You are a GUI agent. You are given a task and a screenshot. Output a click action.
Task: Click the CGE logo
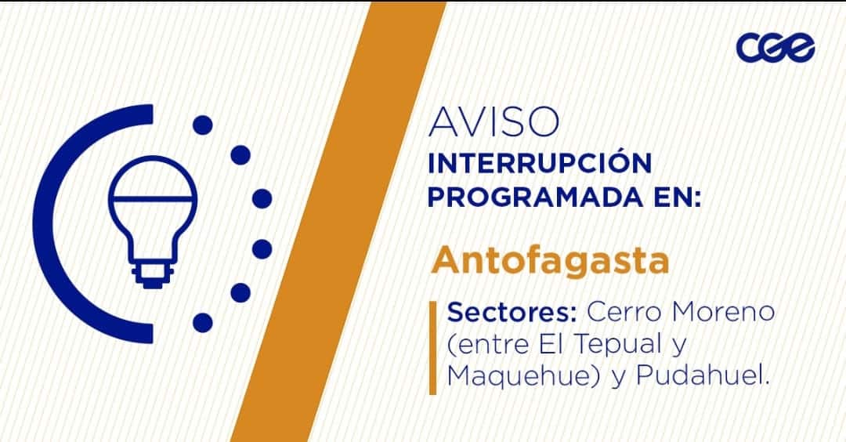click(x=775, y=48)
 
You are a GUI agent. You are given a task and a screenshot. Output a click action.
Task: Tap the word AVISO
click(x=493, y=121)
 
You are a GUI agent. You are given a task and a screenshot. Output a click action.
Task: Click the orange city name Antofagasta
click(x=550, y=260)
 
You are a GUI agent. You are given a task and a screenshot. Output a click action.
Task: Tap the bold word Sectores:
click(x=512, y=312)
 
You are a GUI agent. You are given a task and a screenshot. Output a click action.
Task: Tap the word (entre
click(x=488, y=344)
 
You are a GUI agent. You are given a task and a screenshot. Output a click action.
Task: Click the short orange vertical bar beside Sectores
click(x=432, y=347)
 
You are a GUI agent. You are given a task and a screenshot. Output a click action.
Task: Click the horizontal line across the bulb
click(x=153, y=198)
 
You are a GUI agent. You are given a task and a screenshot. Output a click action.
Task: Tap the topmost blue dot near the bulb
click(x=202, y=125)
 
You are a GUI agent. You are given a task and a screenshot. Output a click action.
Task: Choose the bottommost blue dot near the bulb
click(x=202, y=323)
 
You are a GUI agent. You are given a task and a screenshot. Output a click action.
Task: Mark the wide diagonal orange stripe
click(x=338, y=221)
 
